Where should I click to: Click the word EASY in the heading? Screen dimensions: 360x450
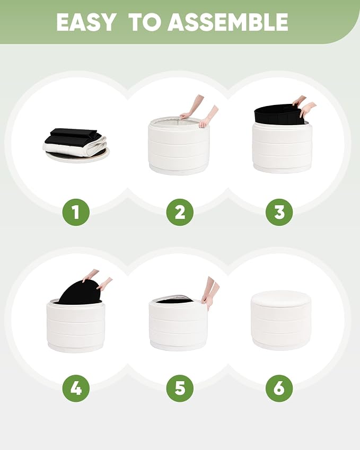pos(85,22)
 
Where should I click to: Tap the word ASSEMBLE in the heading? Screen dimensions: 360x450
pos(227,22)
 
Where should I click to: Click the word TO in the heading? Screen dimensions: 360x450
pos(145,22)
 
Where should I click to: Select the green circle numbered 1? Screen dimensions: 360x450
pos(76,212)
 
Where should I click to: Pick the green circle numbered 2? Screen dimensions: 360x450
pos(180,212)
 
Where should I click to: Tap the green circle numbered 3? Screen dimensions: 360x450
pos(279,212)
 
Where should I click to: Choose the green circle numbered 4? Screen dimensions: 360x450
pos(76,389)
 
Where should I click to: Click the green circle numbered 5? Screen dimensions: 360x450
pos(180,389)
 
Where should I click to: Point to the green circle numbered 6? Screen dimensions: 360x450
pos(279,389)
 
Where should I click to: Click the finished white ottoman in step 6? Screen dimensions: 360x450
pos(281,320)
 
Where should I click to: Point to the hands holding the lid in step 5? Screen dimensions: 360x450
pos(209,293)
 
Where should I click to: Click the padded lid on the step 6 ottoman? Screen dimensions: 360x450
pos(281,298)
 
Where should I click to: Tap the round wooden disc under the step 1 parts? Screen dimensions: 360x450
pos(77,155)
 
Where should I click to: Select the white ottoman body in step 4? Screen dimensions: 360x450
pos(76,326)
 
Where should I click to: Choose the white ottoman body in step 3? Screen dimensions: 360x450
pos(282,148)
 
